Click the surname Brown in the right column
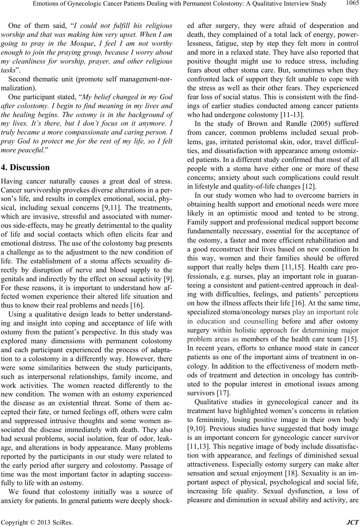pyautogui.click(x=239, y=124)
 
